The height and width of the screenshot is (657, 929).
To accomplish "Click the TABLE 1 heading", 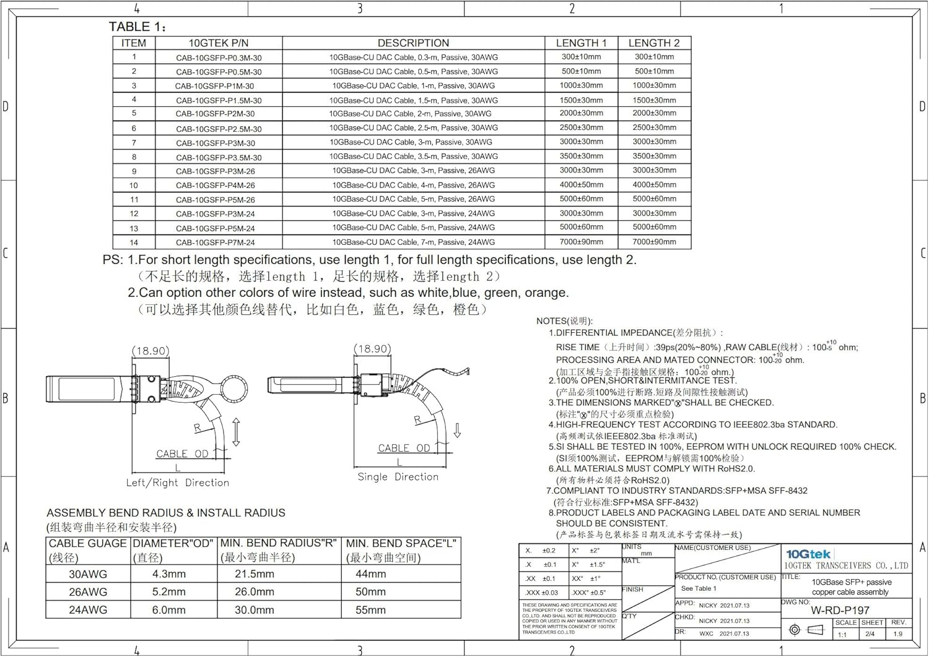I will [137, 27].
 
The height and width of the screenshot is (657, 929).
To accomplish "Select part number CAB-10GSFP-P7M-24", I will [215, 243].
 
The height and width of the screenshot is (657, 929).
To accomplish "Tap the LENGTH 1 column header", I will [581, 43].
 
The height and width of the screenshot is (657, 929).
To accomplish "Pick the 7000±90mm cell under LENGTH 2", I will [654, 242].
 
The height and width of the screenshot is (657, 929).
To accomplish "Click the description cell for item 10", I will [413, 185].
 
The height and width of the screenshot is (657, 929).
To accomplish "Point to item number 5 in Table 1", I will [134, 113].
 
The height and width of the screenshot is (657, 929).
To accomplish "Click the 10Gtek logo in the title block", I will [808, 554].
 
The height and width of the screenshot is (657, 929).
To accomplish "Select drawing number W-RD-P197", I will [840, 610].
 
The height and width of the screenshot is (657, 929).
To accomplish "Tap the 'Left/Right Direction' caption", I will [178, 483].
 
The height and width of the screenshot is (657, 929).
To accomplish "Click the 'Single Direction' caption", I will [398, 477].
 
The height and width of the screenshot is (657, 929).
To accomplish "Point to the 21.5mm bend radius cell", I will [254, 574].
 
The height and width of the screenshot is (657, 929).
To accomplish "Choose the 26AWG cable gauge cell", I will [88, 592].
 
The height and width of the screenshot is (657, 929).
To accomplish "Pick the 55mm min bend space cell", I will [370, 610].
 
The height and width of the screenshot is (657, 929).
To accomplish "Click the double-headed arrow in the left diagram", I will [236, 432].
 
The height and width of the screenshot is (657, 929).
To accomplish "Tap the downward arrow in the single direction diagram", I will [457, 431].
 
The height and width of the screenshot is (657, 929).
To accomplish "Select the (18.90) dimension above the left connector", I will [150, 351].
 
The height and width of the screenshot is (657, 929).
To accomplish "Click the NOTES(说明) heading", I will [564, 320].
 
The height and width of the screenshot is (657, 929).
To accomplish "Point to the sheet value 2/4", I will [870, 634].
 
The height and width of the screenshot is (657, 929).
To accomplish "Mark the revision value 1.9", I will [898, 634].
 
